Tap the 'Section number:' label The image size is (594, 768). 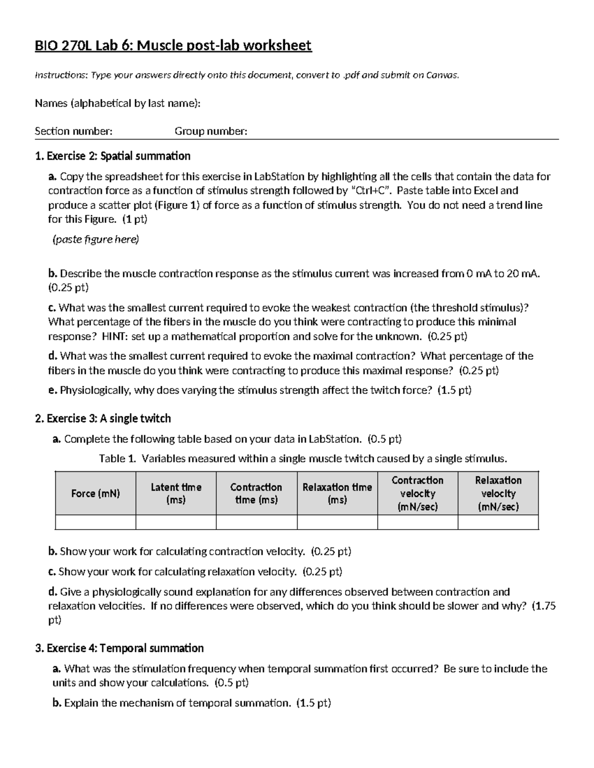(x=73, y=131)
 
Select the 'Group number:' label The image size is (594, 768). (x=211, y=131)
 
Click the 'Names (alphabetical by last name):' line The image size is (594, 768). (x=117, y=103)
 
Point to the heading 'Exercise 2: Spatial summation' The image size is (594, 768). (x=118, y=156)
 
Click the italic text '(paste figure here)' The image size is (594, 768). (x=96, y=239)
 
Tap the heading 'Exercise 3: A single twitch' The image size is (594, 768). (x=108, y=418)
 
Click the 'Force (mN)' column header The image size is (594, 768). (x=96, y=493)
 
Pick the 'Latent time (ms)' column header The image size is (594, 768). (x=176, y=493)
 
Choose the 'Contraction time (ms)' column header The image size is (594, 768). (x=256, y=493)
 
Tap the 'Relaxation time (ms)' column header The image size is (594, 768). (x=337, y=493)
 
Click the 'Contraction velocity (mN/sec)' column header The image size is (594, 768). (x=418, y=493)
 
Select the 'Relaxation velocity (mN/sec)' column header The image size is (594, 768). (x=498, y=493)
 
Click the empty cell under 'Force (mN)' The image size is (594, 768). (x=96, y=522)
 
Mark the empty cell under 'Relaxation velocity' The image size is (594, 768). (x=498, y=522)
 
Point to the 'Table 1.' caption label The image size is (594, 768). (x=117, y=458)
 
